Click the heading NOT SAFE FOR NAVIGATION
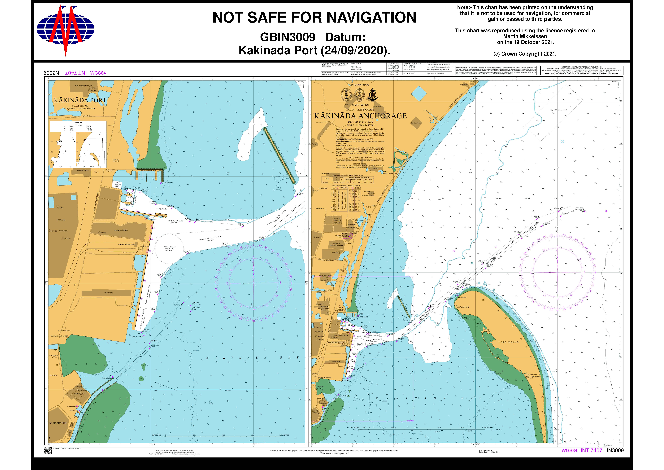tap(314, 17)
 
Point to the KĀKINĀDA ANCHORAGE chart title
tap(360, 116)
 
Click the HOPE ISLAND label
tap(508, 342)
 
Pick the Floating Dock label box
tap(161, 215)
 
